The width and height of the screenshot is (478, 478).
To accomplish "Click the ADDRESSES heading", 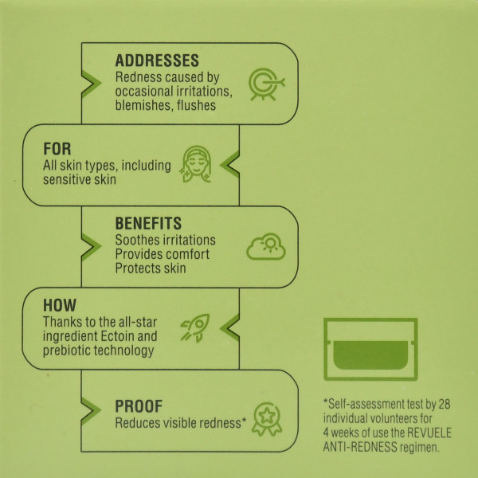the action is click(x=157, y=61).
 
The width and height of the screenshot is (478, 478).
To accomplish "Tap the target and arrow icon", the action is click(x=266, y=84).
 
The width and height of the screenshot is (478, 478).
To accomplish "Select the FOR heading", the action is click(x=57, y=149).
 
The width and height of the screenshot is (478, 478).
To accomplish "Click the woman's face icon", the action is click(x=196, y=164).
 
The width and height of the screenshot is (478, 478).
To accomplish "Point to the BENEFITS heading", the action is click(x=148, y=223).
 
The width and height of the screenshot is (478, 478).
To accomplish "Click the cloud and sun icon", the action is click(x=266, y=246).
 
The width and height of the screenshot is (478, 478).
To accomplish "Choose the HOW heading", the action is click(x=60, y=305).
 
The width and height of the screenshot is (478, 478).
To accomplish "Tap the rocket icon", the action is click(x=195, y=328).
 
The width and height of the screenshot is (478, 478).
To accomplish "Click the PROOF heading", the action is click(x=139, y=406).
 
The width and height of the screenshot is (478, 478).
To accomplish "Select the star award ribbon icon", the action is click(x=267, y=419).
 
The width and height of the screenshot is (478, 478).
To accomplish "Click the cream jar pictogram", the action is click(x=370, y=349).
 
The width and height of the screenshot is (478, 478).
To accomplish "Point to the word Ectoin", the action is click(x=117, y=336).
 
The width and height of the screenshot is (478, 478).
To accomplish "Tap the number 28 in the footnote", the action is click(x=445, y=404).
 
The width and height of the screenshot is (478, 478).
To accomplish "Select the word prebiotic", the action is click(x=66, y=351).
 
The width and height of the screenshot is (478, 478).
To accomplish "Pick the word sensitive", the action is click(x=66, y=179).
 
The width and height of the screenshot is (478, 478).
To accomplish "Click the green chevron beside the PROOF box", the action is click(x=90, y=410).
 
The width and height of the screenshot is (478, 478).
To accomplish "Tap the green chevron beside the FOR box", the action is click(x=230, y=164).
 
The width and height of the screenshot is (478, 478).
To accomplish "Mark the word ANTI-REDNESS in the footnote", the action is click(x=360, y=447).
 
